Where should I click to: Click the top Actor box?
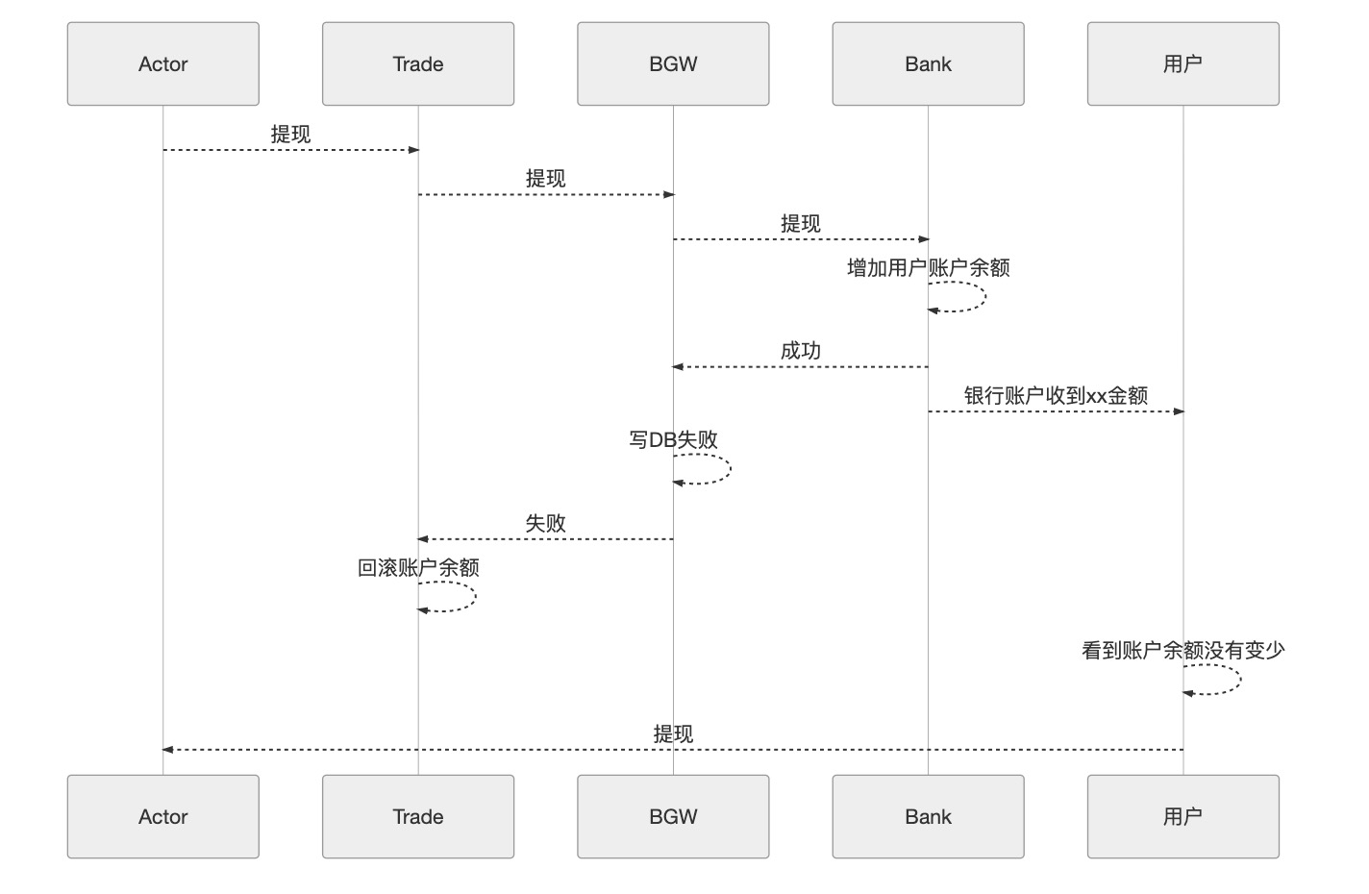click(x=162, y=64)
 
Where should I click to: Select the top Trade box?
click(x=418, y=64)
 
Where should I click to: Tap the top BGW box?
click(x=673, y=64)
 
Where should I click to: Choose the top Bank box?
click(x=928, y=64)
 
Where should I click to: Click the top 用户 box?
click(x=1182, y=64)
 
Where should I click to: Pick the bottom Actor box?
click(x=162, y=816)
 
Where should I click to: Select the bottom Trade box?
click(x=418, y=816)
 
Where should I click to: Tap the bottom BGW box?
click(x=673, y=816)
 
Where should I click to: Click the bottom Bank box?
click(x=928, y=816)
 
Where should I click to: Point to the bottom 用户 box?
click(x=1182, y=816)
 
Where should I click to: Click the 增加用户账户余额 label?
click(x=928, y=268)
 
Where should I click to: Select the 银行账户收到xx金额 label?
click(x=1056, y=395)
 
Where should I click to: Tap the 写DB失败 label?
click(x=673, y=440)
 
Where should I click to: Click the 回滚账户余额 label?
click(x=418, y=568)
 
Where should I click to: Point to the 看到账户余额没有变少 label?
click(x=1182, y=651)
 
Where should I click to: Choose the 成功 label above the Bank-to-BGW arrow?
click(x=800, y=351)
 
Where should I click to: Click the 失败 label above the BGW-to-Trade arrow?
click(x=545, y=524)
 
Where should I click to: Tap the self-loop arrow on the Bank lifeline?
click(x=983, y=297)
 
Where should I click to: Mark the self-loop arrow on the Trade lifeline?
click(x=473, y=597)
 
